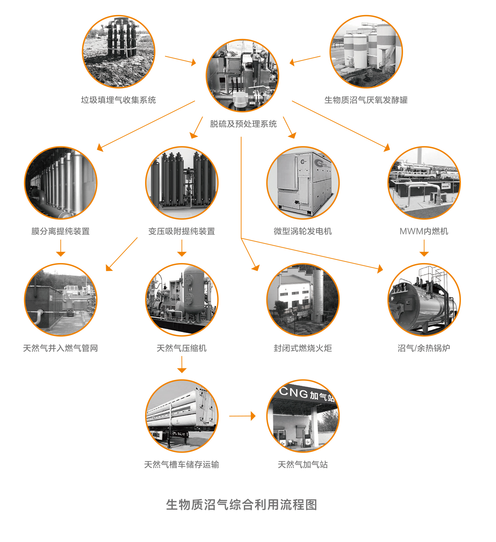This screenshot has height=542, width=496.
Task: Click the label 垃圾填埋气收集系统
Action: coord(118,100)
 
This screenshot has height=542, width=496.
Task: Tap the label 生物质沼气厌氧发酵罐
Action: coord(366,100)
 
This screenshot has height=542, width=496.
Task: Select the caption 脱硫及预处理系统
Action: coord(243,124)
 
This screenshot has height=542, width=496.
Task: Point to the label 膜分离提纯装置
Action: coord(60,231)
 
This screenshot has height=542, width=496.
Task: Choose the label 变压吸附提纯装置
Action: coord(182,231)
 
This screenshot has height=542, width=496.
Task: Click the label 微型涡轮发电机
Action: coord(303,231)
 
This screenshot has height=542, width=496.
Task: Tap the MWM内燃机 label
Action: coord(424,231)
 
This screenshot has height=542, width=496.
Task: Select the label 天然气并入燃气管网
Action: coord(60,348)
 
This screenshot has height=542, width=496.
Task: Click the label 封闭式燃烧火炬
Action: coord(303,348)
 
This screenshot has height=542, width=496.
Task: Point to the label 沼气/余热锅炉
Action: coord(424,348)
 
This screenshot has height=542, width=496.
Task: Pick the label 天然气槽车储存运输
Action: coord(182,464)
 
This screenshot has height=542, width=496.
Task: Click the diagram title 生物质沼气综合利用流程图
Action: coord(242,505)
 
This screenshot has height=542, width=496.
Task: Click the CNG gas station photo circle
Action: coord(303,416)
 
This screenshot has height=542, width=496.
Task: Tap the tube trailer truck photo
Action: coord(182,416)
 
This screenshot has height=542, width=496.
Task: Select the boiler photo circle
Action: coord(424,299)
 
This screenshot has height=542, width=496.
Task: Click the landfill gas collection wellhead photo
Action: coord(119,51)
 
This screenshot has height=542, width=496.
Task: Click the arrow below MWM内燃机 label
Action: coord(424,248)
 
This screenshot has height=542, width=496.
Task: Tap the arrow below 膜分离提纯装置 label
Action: coord(60,248)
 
